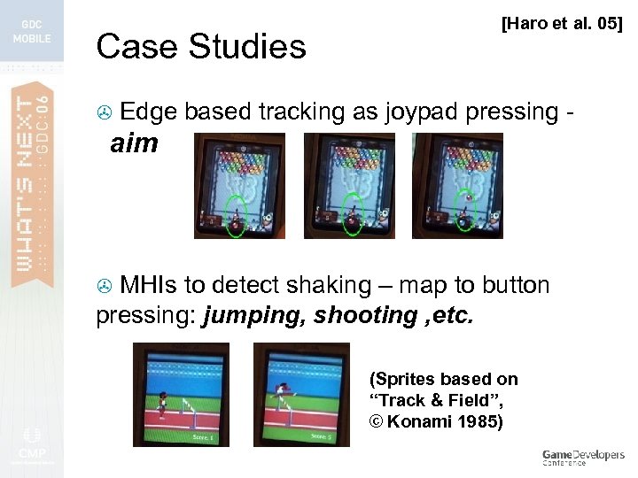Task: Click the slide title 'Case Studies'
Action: pos(200,46)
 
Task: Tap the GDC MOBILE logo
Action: pos(32,32)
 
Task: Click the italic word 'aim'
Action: pos(134,144)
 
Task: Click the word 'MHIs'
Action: pos(148,286)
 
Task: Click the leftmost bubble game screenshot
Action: pos(239,186)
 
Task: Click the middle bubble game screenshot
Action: pos(349,186)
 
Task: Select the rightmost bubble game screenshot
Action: pos(457,186)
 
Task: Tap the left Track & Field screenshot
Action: pos(180,394)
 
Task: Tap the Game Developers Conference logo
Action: pos(583,457)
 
